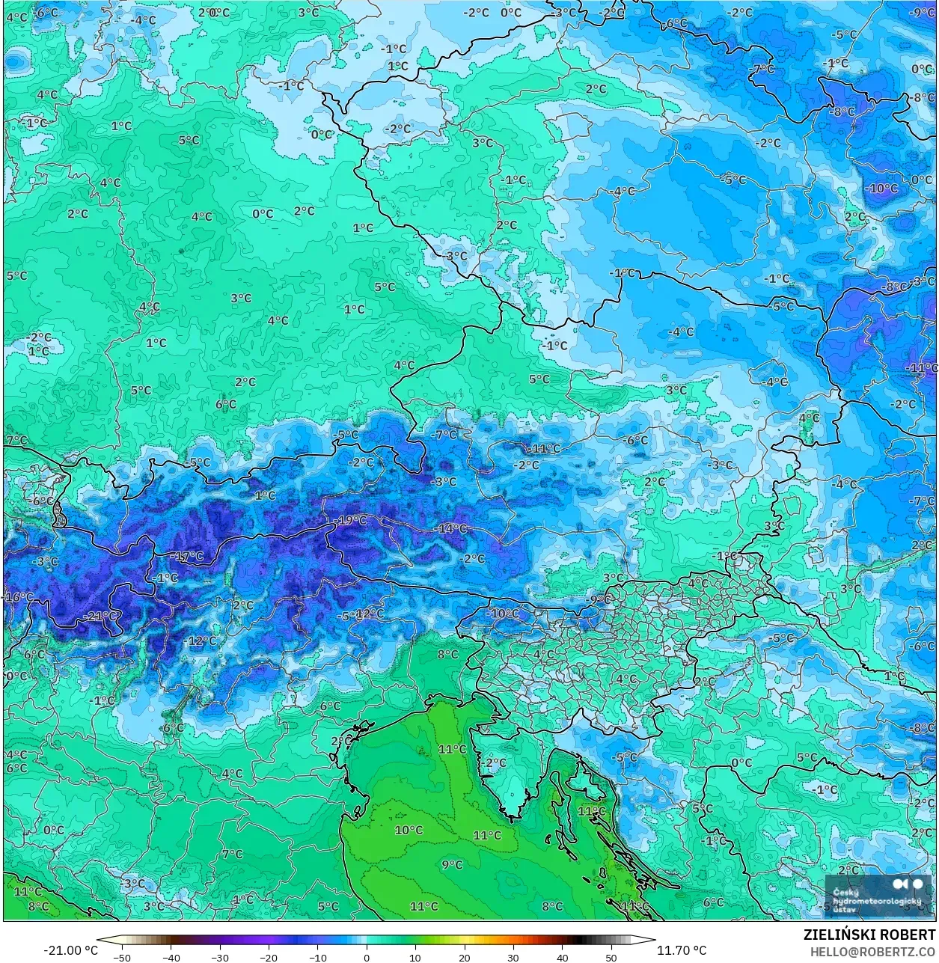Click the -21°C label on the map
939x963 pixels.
tap(102, 616)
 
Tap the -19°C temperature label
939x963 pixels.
tap(352, 520)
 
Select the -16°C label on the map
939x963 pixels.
tap(19, 597)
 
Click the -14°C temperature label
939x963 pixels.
tap(451, 528)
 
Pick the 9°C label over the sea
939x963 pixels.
tap(451, 864)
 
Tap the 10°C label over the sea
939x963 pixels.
tap(409, 830)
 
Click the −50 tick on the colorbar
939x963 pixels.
tap(121, 957)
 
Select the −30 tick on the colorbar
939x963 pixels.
tap(219, 957)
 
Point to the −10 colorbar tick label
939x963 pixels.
tap(317, 957)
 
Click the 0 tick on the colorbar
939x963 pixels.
tap(367, 957)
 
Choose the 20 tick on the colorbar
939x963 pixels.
tap(465, 957)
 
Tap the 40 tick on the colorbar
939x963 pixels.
tap(563, 957)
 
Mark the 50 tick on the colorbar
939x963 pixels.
tap(611, 957)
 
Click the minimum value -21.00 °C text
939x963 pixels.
tap(70, 950)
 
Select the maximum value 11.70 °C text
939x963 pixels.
tap(682, 950)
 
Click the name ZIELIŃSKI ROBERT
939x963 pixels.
tap(869, 935)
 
